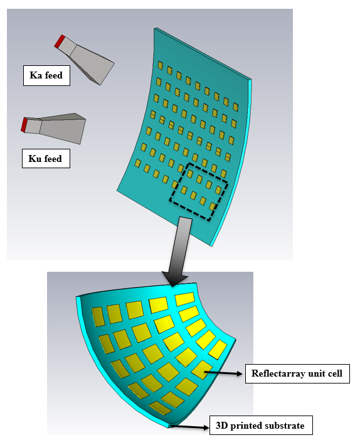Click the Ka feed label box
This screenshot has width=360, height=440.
(46, 75)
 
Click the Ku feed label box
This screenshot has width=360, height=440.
(46, 159)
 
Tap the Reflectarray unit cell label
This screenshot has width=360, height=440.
(297, 373)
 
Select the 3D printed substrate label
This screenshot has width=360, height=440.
(261, 426)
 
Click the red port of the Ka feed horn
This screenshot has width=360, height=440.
(60, 41)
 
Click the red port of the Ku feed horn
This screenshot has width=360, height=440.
(24, 125)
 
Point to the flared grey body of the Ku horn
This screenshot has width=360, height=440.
(62, 128)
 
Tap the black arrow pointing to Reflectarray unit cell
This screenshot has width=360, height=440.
(223, 373)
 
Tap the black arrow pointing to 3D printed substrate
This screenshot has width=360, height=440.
(190, 427)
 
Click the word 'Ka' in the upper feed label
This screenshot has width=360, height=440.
(36, 75)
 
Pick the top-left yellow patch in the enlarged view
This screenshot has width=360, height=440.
(98, 316)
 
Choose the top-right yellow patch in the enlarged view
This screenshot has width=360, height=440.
(185, 299)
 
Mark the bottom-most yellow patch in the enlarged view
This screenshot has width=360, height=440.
(160, 408)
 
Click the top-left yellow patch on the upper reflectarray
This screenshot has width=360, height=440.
(160, 65)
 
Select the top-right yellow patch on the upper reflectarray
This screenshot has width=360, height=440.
(236, 107)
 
